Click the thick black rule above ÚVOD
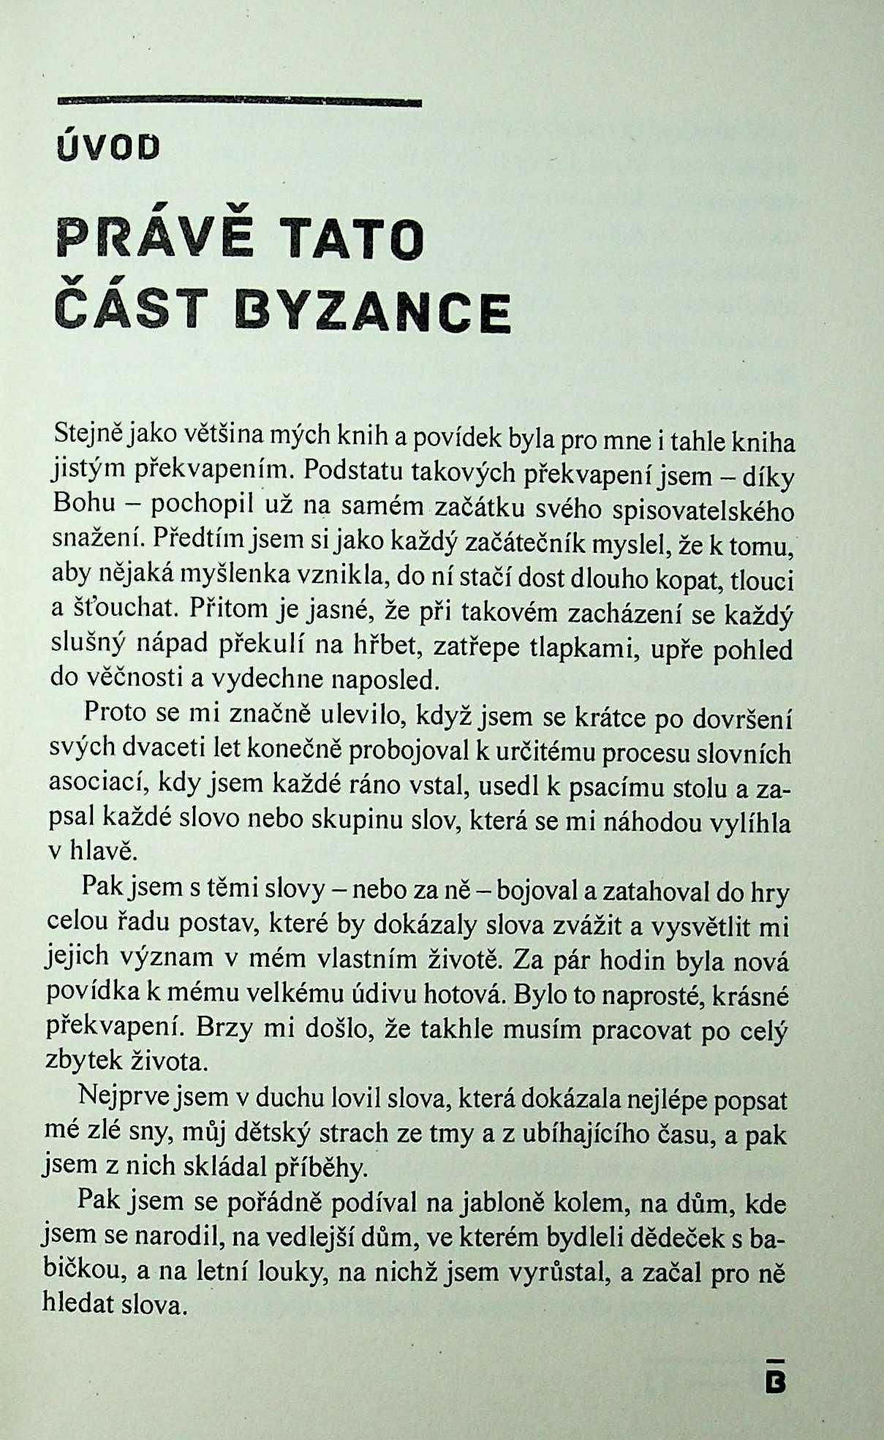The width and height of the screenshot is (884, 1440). (239, 102)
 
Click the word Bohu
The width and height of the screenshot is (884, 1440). (80, 504)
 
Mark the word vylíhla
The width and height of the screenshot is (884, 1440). (751, 823)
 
